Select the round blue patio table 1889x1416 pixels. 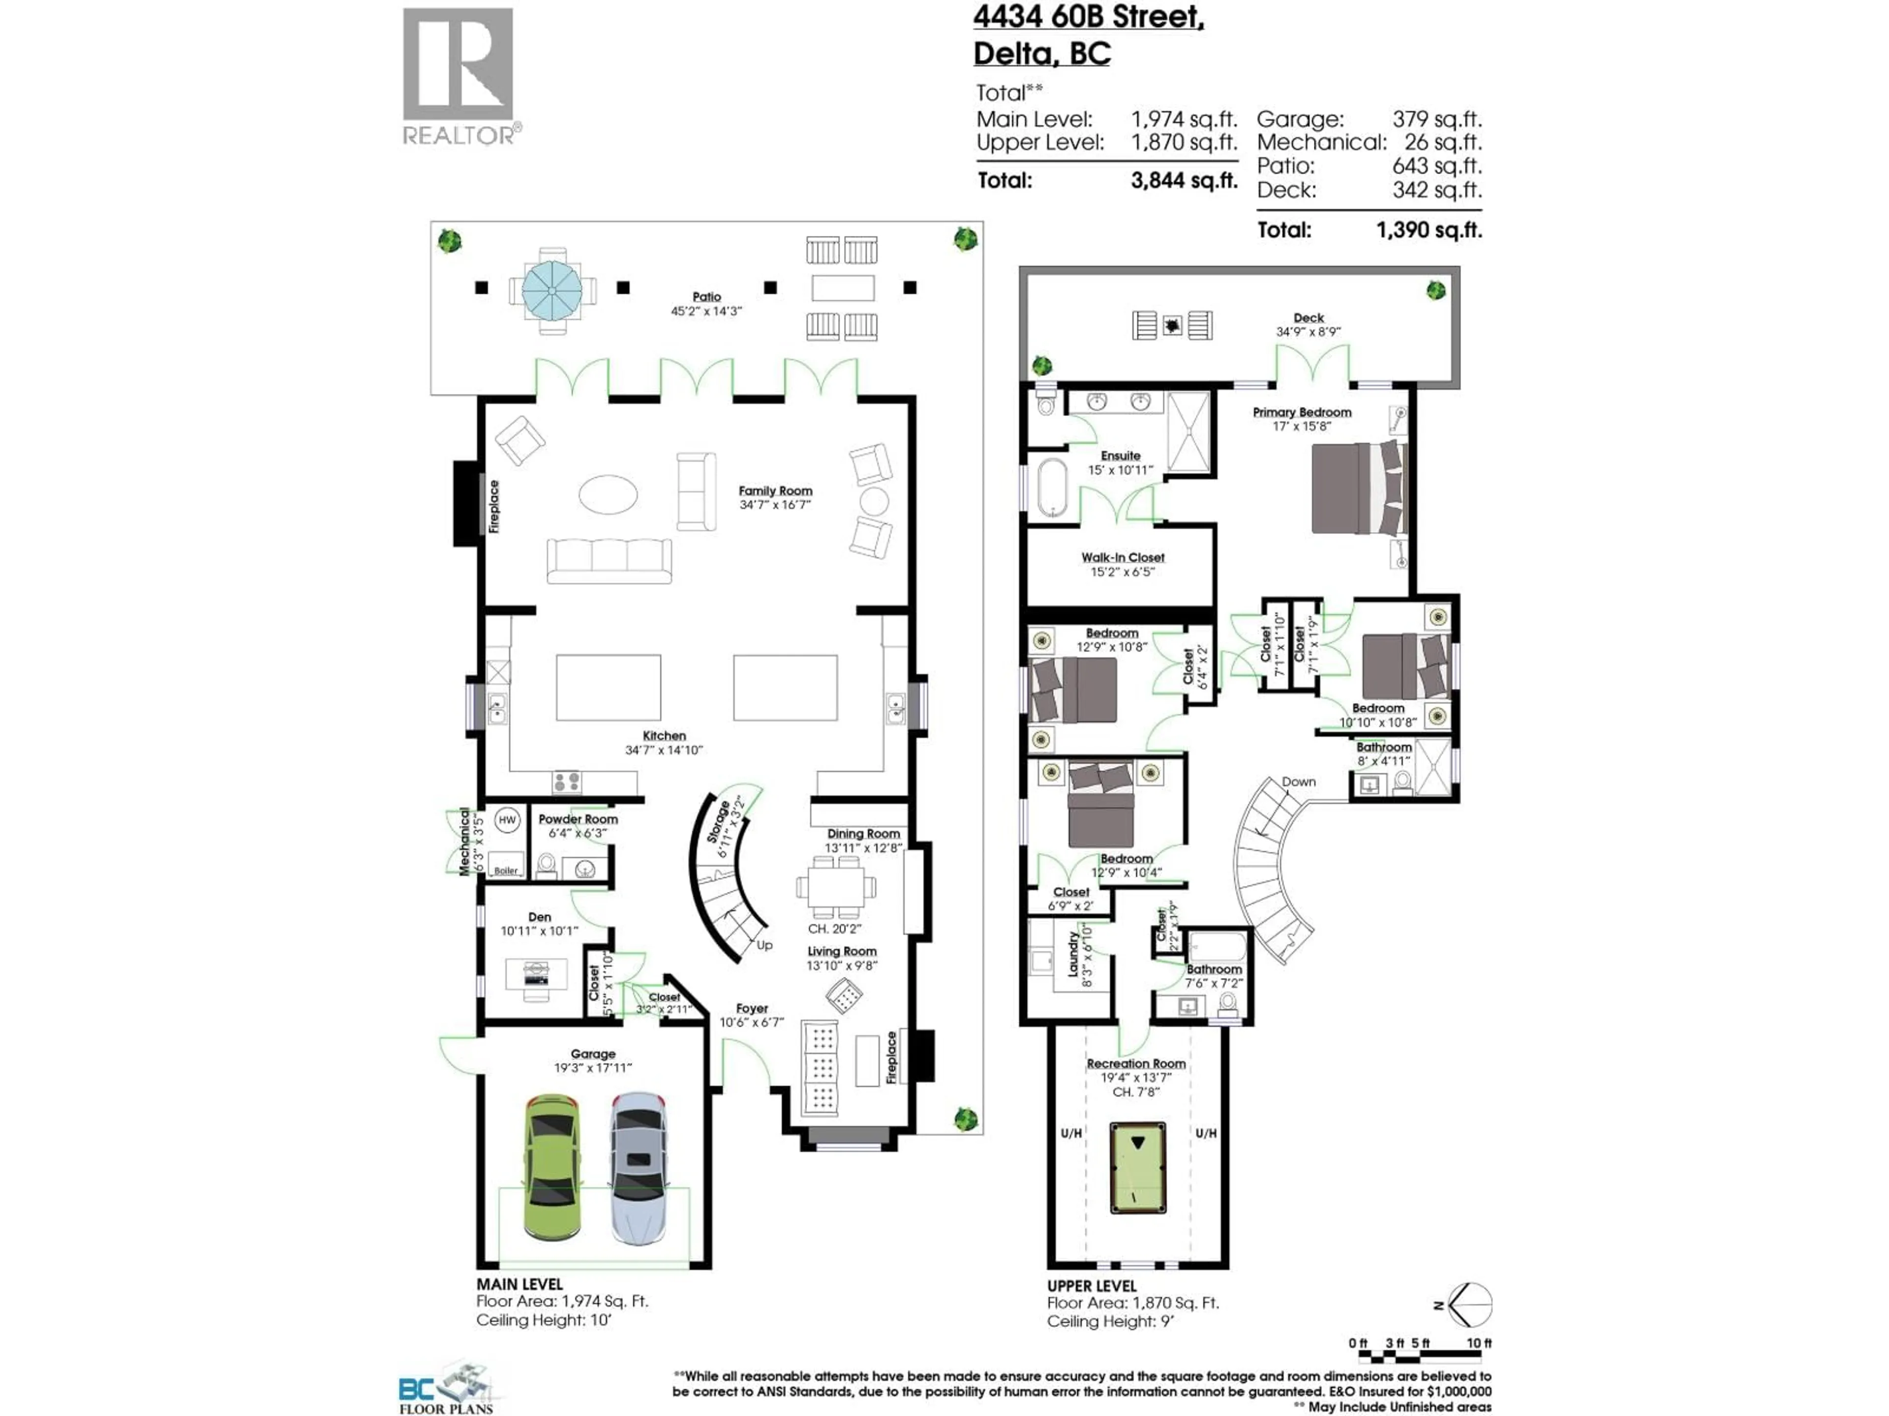pos(552,290)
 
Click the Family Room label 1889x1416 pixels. pos(775,491)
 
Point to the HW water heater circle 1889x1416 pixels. pos(507,820)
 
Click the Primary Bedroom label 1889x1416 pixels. pos(1302,412)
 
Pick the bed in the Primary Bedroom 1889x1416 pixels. pos(1358,488)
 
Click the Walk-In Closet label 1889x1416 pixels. pos(1122,558)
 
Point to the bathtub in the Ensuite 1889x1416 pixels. pos(1052,489)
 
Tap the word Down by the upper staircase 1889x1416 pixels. pos(1298,782)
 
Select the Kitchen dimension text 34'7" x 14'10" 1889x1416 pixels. pos(664,750)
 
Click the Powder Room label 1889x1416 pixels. pos(578,819)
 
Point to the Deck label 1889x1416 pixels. pos(1309,318)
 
